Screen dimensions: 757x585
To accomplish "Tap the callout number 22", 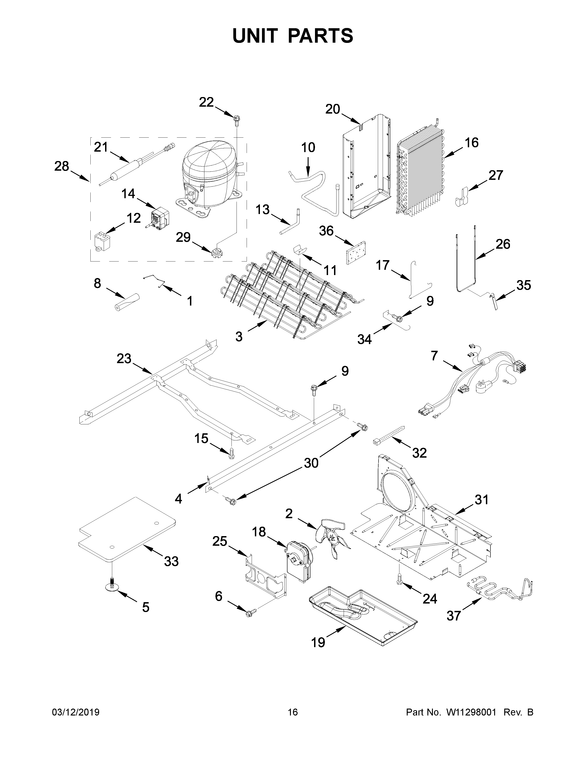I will tap(206, 102).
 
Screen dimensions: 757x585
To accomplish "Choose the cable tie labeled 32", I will tap(388, 435).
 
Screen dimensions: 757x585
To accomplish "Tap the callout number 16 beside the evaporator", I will tap(471, 142).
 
